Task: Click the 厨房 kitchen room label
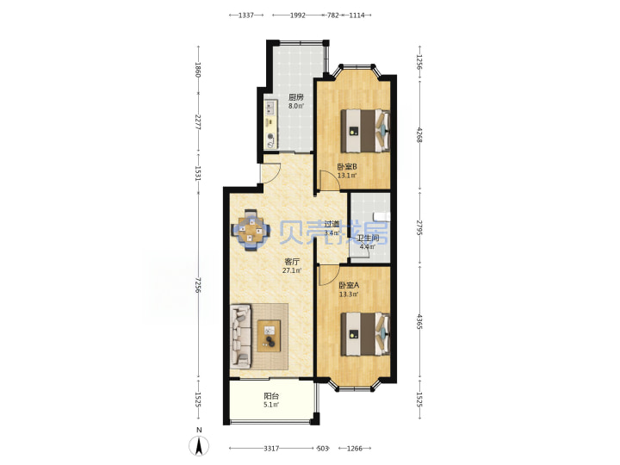(295, 97)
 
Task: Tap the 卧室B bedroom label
(347, 167)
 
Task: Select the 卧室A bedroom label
(349, 285)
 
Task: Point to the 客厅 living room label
(292, 262)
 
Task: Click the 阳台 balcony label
(271, 396)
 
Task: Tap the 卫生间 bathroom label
(368, 238)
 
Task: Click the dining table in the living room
(251, 230)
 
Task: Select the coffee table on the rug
(269, 336)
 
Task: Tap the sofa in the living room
(241, 335)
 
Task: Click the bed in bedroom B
(365, 131)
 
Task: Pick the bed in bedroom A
(365, 334)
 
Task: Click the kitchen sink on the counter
(270, 107)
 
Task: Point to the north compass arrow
(199, 446)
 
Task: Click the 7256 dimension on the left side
(198, 285)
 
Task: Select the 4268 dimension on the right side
(419, 135)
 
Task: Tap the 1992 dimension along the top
(298, 15)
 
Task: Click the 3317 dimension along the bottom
(271, 448)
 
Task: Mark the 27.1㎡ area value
(292, 271)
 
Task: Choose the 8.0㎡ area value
(295, 106)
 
